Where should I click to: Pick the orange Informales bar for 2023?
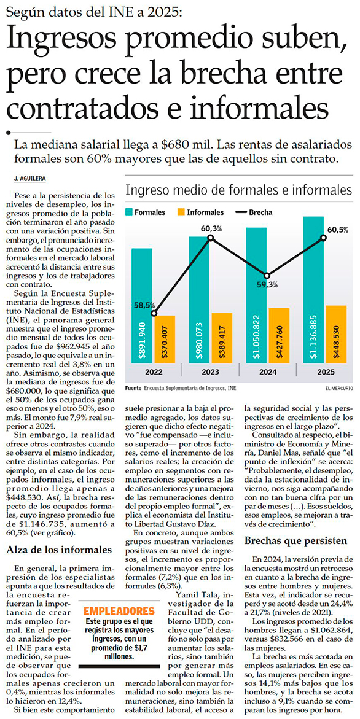222,338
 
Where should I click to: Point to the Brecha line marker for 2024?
267,275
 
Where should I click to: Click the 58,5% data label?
144,305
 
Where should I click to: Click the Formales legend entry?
146,212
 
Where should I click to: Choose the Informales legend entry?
200,212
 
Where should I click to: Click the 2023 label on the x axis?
211,372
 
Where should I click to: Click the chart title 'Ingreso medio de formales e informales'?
238,190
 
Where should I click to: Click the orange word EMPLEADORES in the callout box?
119,611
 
